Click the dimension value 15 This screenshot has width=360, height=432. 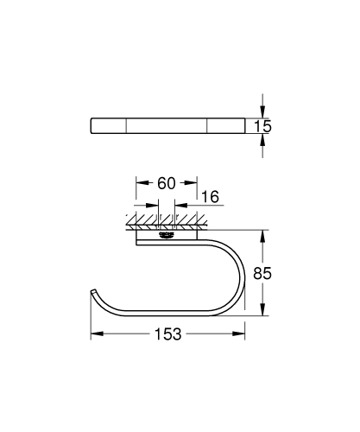(263, 126)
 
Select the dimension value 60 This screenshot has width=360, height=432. (167, 183)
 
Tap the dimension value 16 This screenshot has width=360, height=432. (209, 198)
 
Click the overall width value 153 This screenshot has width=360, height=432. (168, 335)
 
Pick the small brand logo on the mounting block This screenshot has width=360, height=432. (167, 232)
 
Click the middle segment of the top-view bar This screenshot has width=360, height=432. (167, 126)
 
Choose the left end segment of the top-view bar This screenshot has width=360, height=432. (109, 126)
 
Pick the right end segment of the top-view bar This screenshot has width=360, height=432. (225, 126)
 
